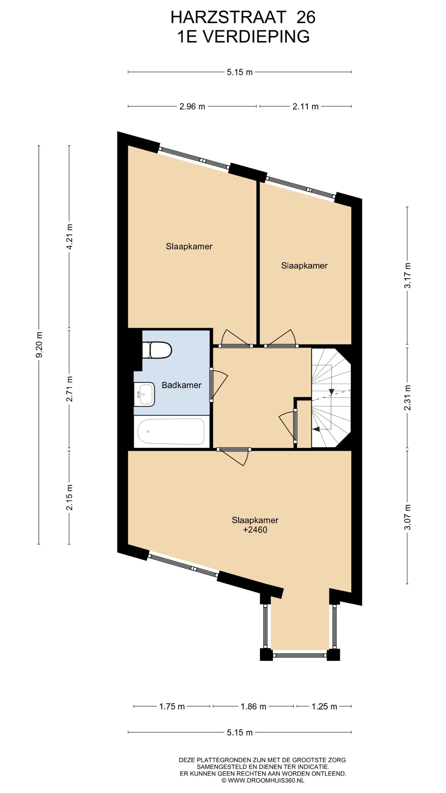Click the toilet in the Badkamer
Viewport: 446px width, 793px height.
(157, 350)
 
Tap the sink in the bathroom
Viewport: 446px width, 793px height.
(144, 394)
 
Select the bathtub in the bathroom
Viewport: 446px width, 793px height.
(171, 431)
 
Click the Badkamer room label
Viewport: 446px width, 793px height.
(182, 385)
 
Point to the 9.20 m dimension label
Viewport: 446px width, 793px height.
(39, 344)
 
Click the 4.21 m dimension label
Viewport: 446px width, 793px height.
(70, 237)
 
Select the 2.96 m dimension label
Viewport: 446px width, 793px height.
(192, 106)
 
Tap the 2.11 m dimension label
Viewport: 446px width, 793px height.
(305, 106)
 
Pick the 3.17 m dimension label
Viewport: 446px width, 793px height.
(407, 276)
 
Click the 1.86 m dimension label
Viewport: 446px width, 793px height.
(253, 704)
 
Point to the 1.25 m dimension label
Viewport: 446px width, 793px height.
(324, 704)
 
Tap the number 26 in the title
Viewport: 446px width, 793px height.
(306, 17)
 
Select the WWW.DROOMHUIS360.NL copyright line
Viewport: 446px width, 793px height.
(263, 780)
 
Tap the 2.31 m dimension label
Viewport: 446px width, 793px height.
(407, 397)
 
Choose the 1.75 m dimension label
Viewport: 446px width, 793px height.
(172, 704)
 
